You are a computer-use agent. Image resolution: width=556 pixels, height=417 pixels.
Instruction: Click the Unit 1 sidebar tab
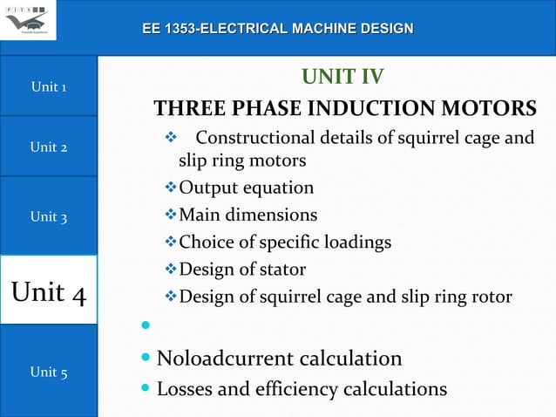[x=49, y=86]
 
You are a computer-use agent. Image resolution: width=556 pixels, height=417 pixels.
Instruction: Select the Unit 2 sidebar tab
[x=49, y=147]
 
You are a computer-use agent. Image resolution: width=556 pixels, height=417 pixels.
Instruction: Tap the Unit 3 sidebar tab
[x=49, y=216]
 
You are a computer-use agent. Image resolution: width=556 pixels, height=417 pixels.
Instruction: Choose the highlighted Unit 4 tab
[x=49, y=291]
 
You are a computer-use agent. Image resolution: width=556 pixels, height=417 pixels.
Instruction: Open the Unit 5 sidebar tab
[x=49, y=372]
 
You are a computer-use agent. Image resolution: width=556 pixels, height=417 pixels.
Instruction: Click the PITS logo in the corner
[x=28, y=19]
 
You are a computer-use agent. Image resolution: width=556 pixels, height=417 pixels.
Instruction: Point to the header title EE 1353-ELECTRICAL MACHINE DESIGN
[x=278, y=30]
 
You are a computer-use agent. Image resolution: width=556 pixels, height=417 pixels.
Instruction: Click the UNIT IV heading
[x=342, y=78]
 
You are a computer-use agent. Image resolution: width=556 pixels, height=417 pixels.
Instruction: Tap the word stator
[x=280, y=270]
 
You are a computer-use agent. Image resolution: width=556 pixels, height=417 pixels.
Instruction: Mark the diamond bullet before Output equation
[x=171, y=188]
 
